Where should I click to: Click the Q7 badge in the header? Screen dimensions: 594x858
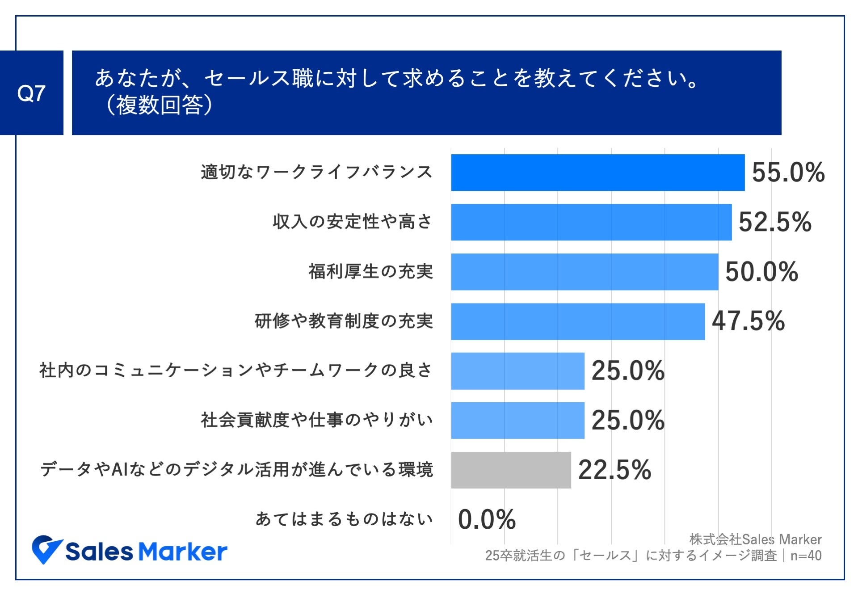coord(31,93)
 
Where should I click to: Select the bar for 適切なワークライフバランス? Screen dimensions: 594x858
coord(597,173)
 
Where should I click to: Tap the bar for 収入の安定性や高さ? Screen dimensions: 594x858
coord(591,222)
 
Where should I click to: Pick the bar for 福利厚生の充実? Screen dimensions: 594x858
coord(585,272)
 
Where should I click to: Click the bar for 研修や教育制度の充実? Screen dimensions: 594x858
coord(578,321)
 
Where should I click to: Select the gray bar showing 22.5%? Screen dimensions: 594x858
coord(511,470)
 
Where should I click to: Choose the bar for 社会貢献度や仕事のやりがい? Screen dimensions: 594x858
coord(517,421)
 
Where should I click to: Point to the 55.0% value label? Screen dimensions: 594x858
coord(788,173)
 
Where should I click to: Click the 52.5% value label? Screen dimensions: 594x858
coord(774,222)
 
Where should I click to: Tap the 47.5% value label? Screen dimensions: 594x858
coord(748,321)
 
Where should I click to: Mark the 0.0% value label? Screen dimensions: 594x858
coord(487,519)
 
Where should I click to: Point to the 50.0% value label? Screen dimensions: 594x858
coord(761,272)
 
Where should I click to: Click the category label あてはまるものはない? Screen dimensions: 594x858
coord(344,519)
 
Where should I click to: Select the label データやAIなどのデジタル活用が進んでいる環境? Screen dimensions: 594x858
coord(236,470)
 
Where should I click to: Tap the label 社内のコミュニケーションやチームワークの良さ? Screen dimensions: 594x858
coord(236,371)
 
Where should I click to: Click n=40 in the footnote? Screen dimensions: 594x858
coord(806,556)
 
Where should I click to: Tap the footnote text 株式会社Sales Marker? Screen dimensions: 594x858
coord(755,539)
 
